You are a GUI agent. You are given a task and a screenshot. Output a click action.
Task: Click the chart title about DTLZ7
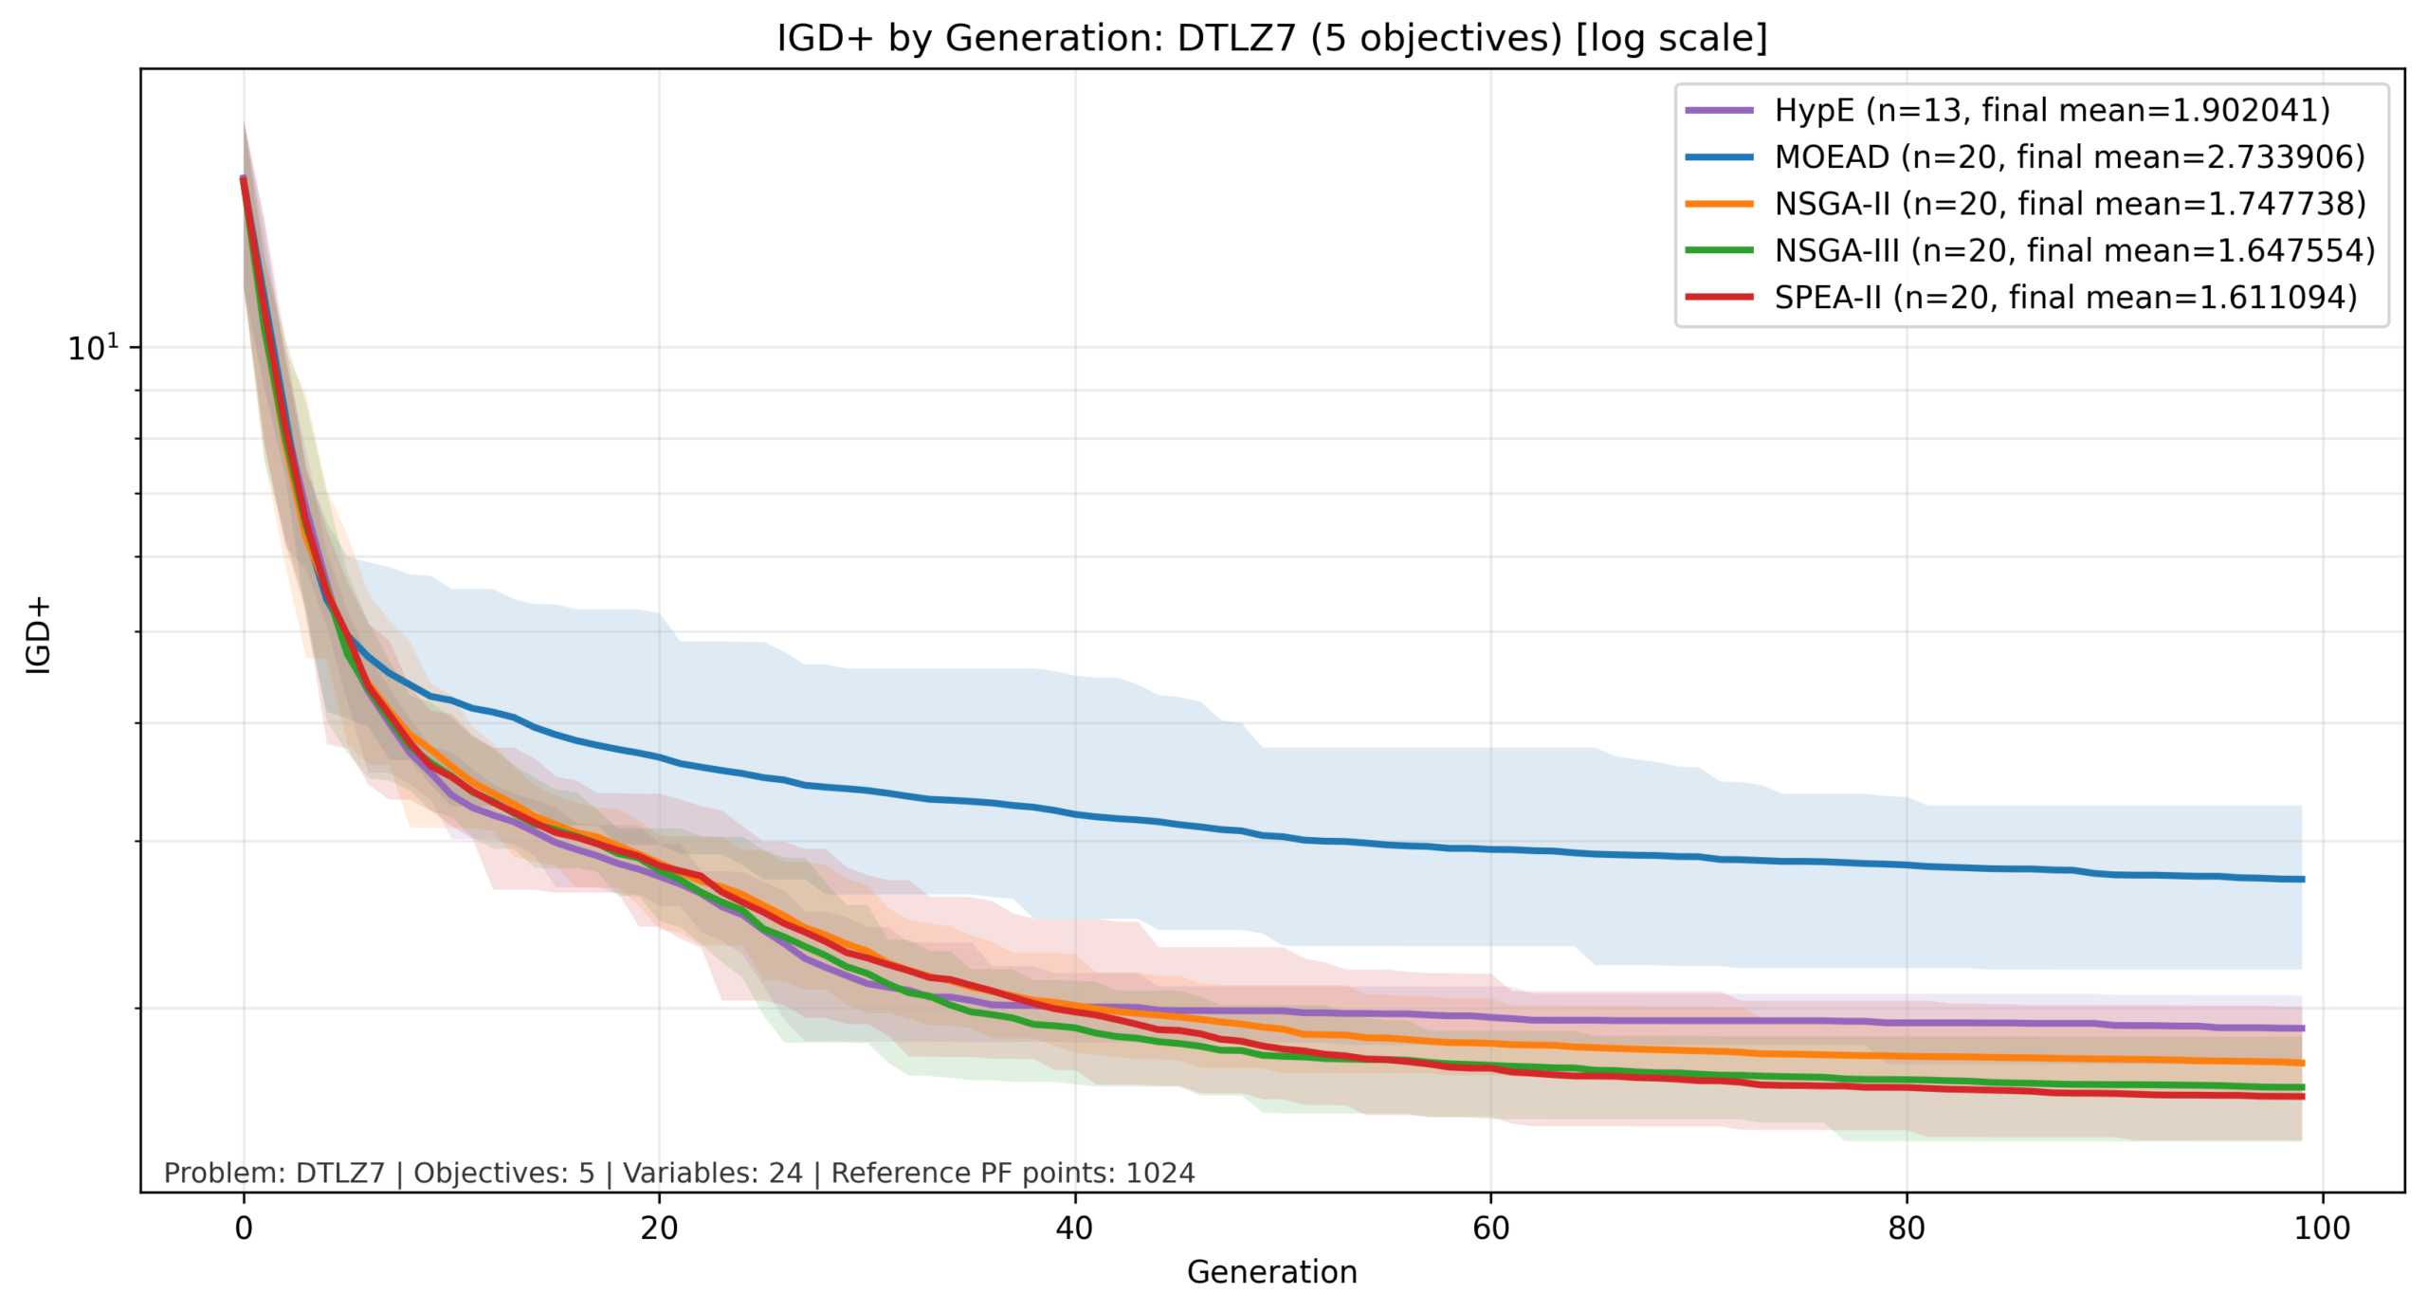[x=1271, y=38]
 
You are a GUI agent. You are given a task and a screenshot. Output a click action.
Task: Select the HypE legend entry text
[x=2052, y=110]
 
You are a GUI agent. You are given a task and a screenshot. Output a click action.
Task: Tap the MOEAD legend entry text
[x=2070, y=156]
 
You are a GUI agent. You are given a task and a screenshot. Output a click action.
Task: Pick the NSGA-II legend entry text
[x=2071, y=204]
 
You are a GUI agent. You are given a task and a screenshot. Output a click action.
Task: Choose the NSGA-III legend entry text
[x=2074, y=250]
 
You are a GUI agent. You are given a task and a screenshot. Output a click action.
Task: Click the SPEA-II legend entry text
[x=2066, y=298]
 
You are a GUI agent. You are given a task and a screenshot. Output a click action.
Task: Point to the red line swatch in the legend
[x=1719, y=298]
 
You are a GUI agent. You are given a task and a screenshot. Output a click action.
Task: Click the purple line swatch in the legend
[x=1719, y=110]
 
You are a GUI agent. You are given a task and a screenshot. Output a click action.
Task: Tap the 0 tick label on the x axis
[x=244, y=1229]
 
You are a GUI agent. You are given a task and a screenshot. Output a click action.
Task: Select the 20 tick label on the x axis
[x=659, y=1229]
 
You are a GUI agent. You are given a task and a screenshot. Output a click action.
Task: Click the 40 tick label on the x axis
[x=1074, y=1229]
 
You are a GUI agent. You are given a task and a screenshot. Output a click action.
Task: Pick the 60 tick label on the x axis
[x=1490, y=1229]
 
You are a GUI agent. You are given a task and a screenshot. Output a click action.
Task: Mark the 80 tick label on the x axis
[x=1906, y=1229]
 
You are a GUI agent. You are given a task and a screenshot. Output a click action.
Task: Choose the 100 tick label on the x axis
[x=2322, y=1229]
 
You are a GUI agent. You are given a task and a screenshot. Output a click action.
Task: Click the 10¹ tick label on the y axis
[x=93, y=348]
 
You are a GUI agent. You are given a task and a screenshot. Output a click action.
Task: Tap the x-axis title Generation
[x=1271, y=1272]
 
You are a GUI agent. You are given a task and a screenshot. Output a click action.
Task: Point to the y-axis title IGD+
[x=38, y=635]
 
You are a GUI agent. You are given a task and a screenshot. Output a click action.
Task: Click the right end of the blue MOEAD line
[x=2301, y=880]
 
